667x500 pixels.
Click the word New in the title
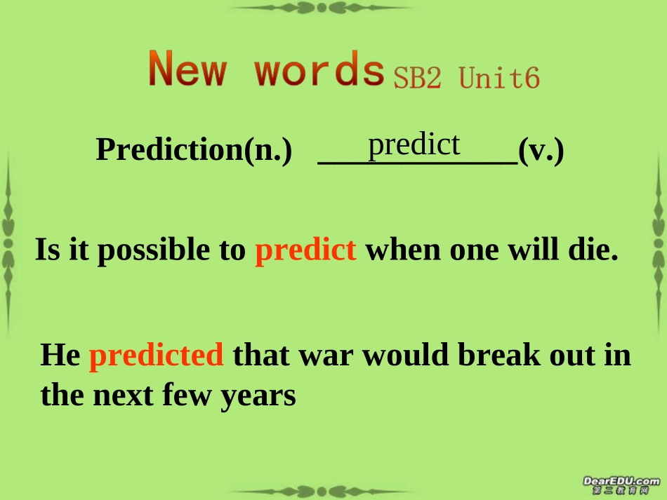pos(187,70)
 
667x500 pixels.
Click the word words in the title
pos(319,70)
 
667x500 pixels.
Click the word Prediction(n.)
pos(194,149)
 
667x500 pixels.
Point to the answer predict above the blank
pos(414,144)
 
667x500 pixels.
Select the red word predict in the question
pos(305,250)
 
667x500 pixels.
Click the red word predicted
pos(157,355)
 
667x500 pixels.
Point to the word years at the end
pos(258,396)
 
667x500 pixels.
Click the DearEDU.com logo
pos(621,484)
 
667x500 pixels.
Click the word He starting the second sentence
pos(60,355)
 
